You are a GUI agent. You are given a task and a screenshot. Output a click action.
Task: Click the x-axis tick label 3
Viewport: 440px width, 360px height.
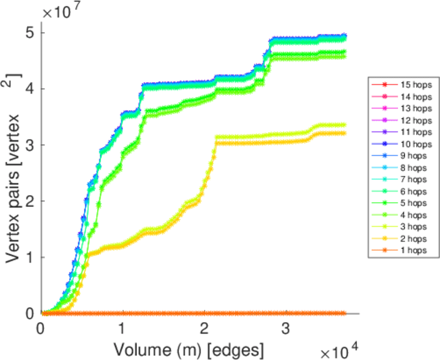[x=285, y=329]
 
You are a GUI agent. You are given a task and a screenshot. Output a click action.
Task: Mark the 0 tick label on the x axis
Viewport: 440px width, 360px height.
[x=41, y=329]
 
